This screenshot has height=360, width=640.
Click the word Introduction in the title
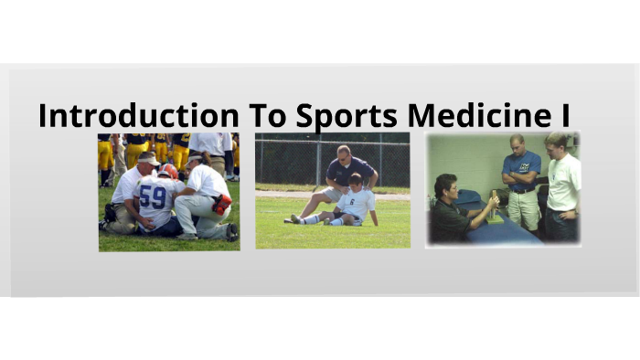pyautogui.click(x=138, y=116)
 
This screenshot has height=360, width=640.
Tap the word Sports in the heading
pyautogui.click(x=347, y=117)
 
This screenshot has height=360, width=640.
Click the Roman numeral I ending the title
pyautogui.click(x=564, y=116)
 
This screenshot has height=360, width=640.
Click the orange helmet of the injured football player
pyautogui.click(x=168, y=171)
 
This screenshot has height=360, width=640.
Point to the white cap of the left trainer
pyautogui.click(x=146, y=158)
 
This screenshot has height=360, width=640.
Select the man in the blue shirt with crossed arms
pyautogui.click(x=521, y=178)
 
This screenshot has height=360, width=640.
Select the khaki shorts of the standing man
pyautogui.click(x=524, y=208)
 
